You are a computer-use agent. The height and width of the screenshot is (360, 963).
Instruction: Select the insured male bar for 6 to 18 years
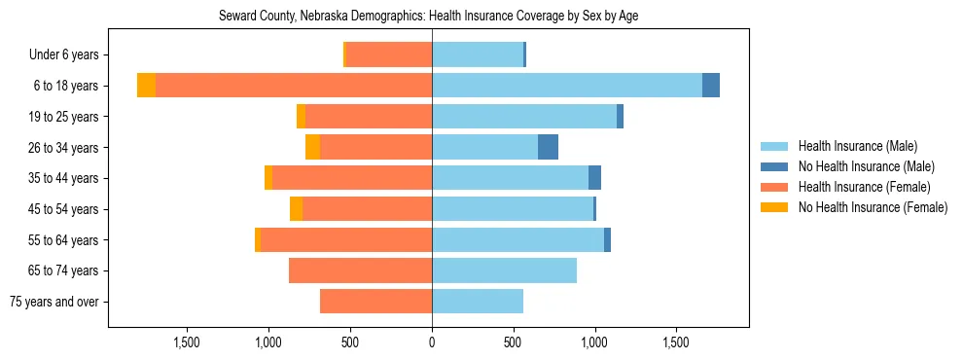tap(566, 86)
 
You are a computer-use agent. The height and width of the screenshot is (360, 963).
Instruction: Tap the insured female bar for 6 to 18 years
tap(294, 86)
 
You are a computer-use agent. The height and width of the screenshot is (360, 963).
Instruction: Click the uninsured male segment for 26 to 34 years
tap(549, 147)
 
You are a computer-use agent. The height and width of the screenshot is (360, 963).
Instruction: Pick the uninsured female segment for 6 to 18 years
tap(146, 86)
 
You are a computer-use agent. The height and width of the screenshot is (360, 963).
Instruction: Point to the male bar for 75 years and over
tap(478, 302)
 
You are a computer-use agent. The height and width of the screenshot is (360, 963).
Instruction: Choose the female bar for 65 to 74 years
tap(360, 270)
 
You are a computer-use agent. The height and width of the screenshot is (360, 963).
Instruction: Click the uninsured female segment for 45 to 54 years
tap(296, 209)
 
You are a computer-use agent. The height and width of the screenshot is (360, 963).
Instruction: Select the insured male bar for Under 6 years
tap(478, 54)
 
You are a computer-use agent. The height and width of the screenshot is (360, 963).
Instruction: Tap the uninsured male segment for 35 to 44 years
tap(595, 178)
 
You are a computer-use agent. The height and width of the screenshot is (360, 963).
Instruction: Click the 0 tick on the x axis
tap(432, 342)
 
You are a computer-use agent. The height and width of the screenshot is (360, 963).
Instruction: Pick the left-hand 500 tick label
tap(350, 342)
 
